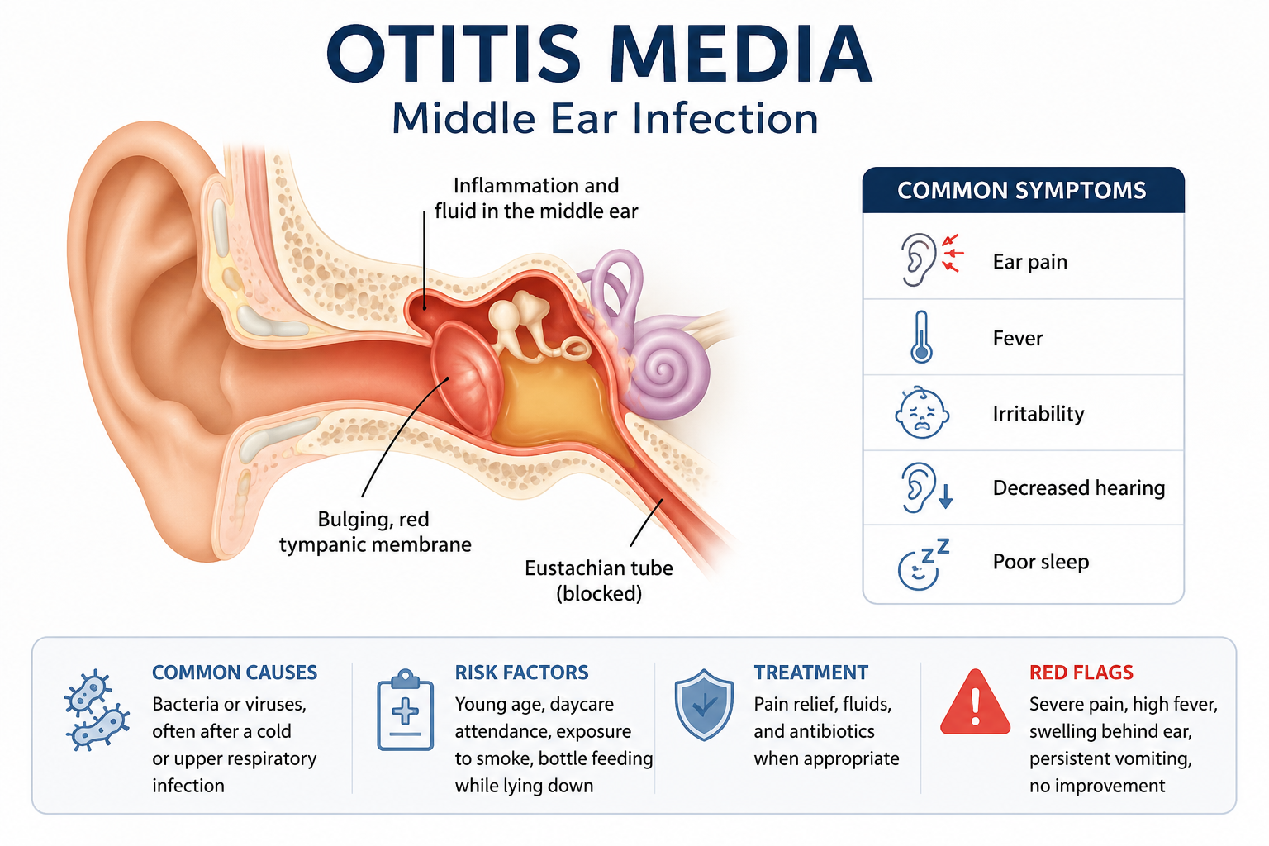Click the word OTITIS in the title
(x=454, y=53)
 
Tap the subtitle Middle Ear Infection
(x=605, y=118)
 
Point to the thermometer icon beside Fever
(x=922, y=337)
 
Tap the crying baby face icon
(x=922, y=413)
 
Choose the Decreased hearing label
(x=1079, y=488)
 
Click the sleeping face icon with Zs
(x=923, y=564)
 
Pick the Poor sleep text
(x=1041, y=562)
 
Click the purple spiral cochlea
(x=668, y=371)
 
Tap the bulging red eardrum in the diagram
(x=467, y=377)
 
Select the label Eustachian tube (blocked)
(x=599, y=581)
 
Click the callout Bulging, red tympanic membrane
(x=375, y=531)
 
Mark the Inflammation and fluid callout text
(x=536, y=198)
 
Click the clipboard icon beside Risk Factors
(x=405, y=710)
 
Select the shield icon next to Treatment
(x=704, y=705)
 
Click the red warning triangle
(x=975, y=702)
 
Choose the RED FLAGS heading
(x=1081, y=673)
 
